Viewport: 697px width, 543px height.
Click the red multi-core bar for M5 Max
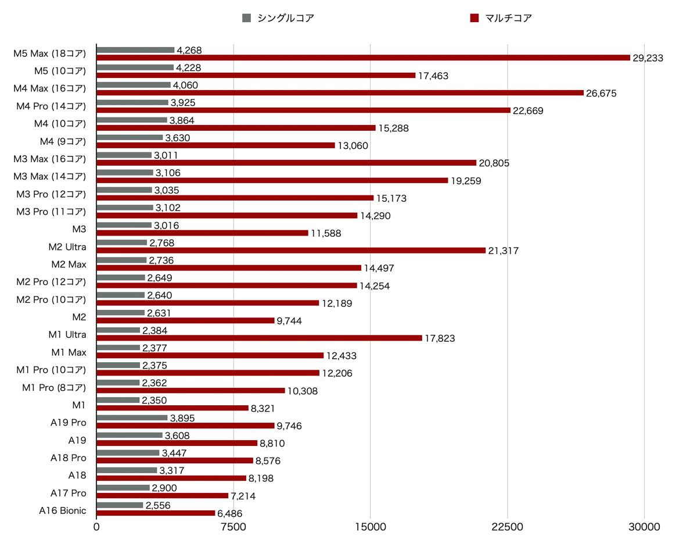[363, 58]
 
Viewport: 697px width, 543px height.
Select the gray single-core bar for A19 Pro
[132, 418]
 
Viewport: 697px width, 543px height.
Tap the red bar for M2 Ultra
[290, 251]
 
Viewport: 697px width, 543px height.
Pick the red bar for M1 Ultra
[259, 338]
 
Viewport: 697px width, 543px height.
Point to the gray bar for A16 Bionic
[120, 505]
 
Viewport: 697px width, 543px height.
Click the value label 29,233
[648, 58]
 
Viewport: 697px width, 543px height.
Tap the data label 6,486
[230, 514]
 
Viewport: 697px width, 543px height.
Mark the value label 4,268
[189, 50]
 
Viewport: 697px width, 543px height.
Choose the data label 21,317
[503, 251]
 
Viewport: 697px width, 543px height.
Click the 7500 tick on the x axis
[233, 527]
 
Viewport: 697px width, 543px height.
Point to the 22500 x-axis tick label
[508, 527]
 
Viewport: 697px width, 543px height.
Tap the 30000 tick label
[645, 527]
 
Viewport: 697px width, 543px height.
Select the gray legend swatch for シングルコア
[246, 18]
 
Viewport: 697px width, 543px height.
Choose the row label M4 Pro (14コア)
[51, 106]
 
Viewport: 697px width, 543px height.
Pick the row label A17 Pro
[68, 493]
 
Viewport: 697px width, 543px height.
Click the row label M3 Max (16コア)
[49, 159]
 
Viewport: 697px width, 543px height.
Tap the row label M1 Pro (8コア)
[54, 387]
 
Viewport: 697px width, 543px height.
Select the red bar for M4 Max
[340, 93]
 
